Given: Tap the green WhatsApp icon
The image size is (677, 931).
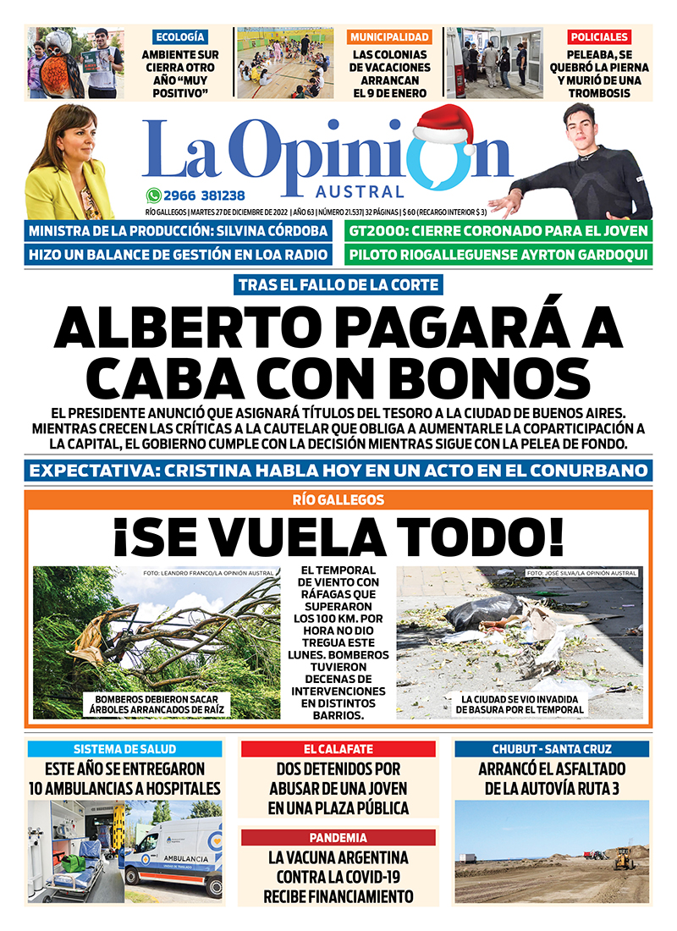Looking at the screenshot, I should point(153,194).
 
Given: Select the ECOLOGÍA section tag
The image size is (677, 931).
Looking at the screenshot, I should point(179,37).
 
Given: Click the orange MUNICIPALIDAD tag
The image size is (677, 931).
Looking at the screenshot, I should point(389,37).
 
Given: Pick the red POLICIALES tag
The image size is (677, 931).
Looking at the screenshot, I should point(599,37).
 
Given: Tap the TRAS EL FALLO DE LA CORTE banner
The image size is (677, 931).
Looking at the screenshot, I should point(338,285).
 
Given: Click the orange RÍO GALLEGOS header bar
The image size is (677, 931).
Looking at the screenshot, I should point(338,500).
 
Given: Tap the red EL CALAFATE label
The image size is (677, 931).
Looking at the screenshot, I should point(338,749).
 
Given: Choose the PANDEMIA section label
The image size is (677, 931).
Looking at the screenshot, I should point(338,837).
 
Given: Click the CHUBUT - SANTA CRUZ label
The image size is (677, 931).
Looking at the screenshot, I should point(552,749).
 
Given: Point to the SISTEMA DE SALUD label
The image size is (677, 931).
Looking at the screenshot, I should point(124,749).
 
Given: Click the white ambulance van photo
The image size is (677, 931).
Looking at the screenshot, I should point(173,855).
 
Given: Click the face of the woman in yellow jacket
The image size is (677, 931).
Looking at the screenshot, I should point(63,140).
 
